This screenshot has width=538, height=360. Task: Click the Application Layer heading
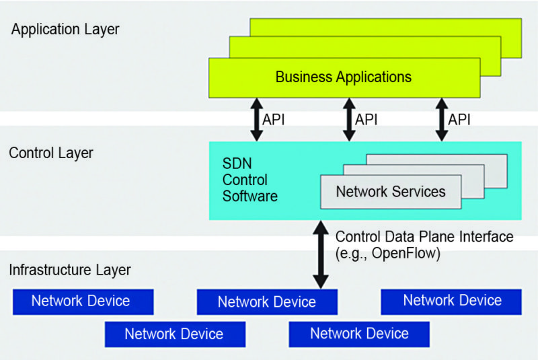(65, 30)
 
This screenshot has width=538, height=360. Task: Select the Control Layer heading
(51, 153)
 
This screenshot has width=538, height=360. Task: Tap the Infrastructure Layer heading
(70, 271)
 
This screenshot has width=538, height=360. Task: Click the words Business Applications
(344, 77)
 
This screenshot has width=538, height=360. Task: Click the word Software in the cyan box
(250, 196)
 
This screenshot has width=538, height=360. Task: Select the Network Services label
(391, 192)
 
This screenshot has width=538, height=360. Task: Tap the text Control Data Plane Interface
(424, 237)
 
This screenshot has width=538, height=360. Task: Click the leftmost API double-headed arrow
(257, 119)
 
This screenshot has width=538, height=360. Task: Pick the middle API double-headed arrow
(349, 119)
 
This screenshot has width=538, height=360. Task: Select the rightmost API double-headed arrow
(441, 119)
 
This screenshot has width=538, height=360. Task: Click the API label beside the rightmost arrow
(459, 120)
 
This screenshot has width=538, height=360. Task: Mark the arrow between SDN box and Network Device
(321, 255)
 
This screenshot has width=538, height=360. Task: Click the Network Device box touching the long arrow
(267, 302)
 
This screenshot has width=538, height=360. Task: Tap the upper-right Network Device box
(451, 301)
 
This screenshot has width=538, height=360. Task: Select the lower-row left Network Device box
(175, 333)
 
